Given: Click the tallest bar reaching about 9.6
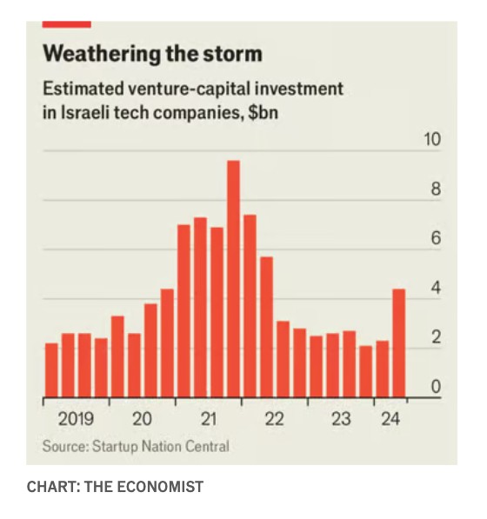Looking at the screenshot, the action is (234, 279).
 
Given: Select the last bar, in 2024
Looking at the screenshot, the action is (399, 343).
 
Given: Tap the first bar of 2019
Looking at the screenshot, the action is (51, 370).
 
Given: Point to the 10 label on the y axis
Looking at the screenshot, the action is (432, 139).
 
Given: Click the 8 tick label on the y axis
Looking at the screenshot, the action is (436, 189).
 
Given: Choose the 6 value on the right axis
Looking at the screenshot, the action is (436, 238).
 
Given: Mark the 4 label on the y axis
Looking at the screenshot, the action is (436, 288).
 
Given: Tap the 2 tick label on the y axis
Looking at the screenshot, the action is (436, 337).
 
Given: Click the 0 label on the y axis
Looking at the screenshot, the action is (436, 387).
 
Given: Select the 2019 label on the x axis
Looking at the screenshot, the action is (76, 419).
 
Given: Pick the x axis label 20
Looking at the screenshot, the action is (142, 419).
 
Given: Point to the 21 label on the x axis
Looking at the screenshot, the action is (209, 419).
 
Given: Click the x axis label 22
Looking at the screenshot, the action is (275, 419).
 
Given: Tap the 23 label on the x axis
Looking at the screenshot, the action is (341, 419).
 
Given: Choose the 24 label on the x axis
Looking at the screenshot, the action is (390, 419).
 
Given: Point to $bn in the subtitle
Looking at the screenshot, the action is (264, 113).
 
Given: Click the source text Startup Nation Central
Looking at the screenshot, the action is (161, 447).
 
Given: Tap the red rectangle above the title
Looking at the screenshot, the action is (67, 24).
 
